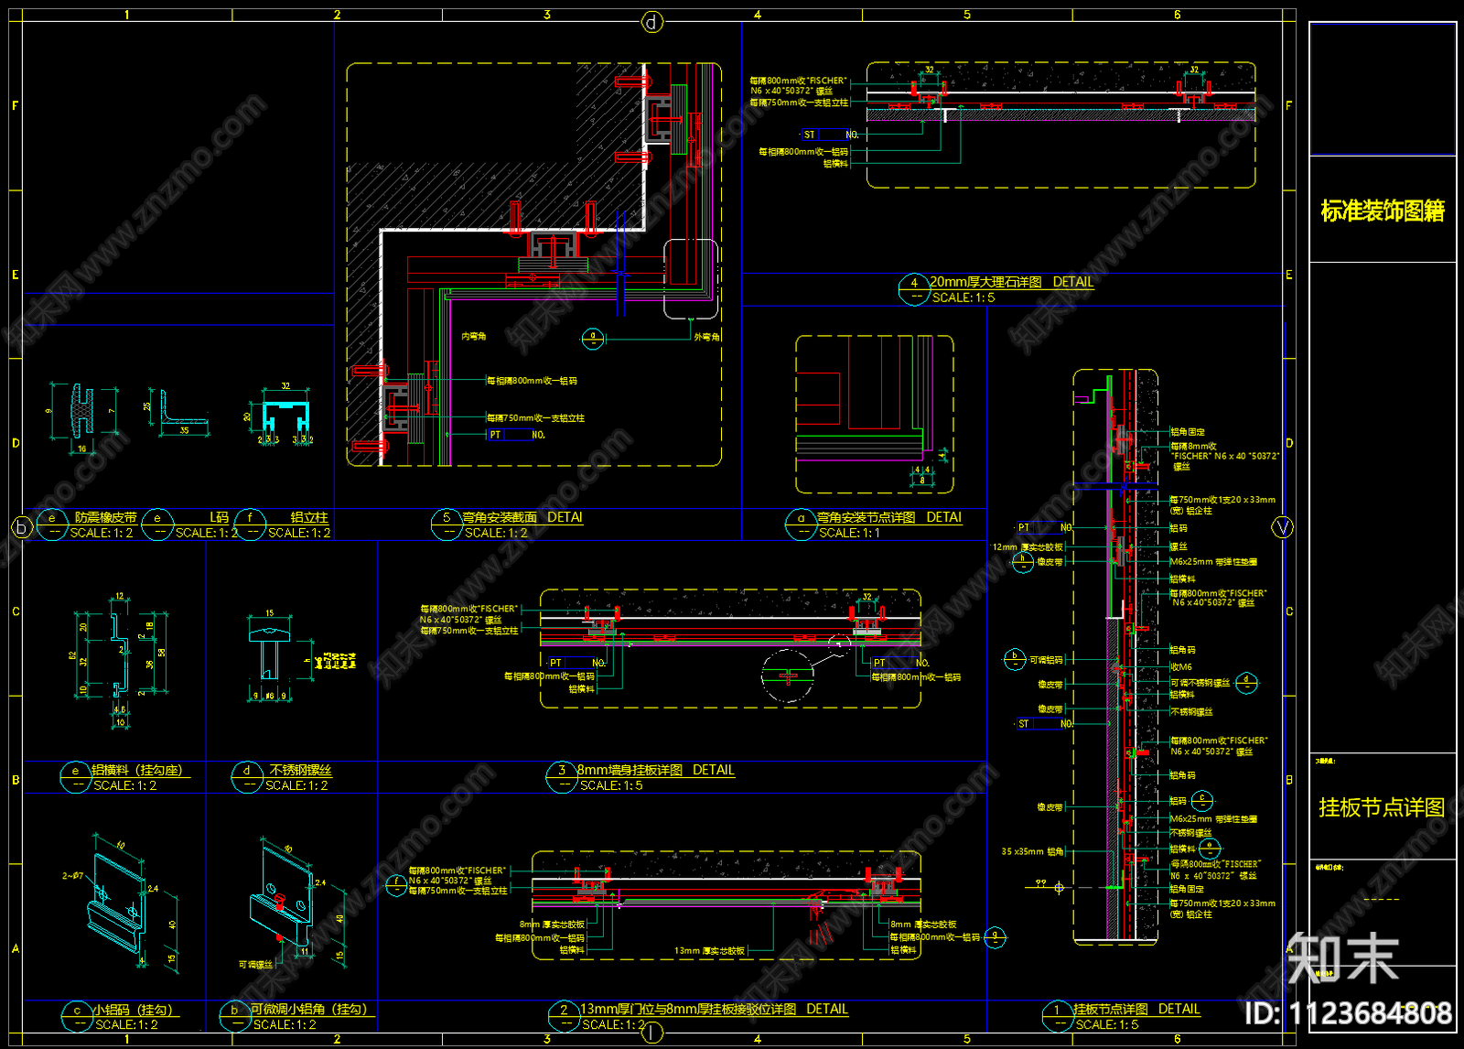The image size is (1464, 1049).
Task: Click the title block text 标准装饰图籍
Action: click(x=1382, y=211)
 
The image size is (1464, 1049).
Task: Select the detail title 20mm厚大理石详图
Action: click(x=985, y=282)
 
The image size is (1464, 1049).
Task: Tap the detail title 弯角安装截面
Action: click(x=499, y=517)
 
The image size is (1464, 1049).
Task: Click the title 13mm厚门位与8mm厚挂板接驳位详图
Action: click(x=688, y=1009)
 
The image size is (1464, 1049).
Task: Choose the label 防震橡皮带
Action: click(x=105, y=518)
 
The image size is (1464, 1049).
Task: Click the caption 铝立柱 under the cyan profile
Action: click(x=308, y=518)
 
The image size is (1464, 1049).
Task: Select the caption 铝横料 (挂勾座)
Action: click(x=136, y=771)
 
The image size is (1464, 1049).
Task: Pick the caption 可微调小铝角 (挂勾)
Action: click(x=308, y=1009)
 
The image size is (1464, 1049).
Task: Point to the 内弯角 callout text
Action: click(x=473, y=337)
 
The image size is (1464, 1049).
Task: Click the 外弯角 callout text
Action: click(x=706, y=337)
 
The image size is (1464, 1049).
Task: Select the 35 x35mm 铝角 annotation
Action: click(x=1032, y=851)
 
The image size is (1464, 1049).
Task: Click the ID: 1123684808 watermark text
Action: click(x=1348, y=1013)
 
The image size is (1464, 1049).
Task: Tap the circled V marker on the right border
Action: click(x=1283, y=527)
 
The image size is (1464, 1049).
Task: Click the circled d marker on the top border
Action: click(x=651, y=22)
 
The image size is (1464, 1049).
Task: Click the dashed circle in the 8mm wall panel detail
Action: click(x=787, y=676)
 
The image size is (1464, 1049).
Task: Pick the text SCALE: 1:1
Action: click(x=848, y=533)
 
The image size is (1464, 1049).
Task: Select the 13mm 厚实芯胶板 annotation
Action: click(x=709, y=951)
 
